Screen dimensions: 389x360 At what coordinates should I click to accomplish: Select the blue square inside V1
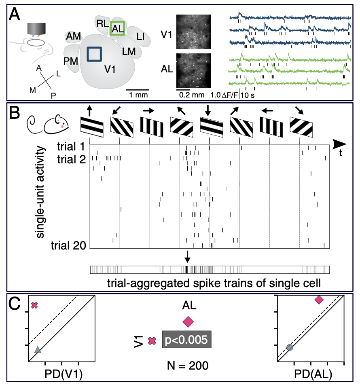[x=94, y=54]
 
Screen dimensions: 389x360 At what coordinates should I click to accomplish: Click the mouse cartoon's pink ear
[x=61, y=125]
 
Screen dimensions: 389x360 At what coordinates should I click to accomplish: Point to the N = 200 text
[x=187, y=366]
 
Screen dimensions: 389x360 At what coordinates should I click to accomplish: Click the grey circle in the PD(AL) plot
[x=289, y=347]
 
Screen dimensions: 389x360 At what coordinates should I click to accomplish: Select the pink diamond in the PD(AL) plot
[x=319, y=300]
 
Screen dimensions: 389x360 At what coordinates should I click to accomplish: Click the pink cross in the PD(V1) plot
[x=34, y=305]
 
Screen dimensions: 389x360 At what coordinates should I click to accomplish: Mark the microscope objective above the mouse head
[x=36, y=29]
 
